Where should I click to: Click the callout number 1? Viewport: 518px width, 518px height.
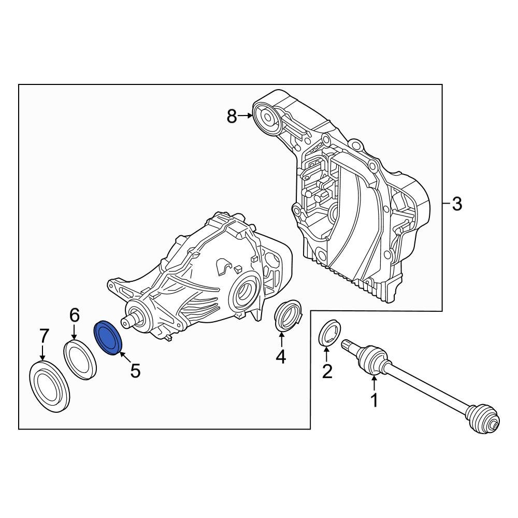pyautogui.click(x=373, y=400)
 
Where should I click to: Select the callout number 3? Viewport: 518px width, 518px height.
pyautogui.click(x=456, y=204)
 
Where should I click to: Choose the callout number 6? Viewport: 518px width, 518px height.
pyautogui.click(x=75, y=314)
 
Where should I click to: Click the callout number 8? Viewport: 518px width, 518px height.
pyautogui.click(x=232, y=117)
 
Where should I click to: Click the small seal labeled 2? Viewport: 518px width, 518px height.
pyautogui.click(x=329, y=333)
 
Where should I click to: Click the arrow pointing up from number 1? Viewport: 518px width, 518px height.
pyautogui.click(x=373, y=383)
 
